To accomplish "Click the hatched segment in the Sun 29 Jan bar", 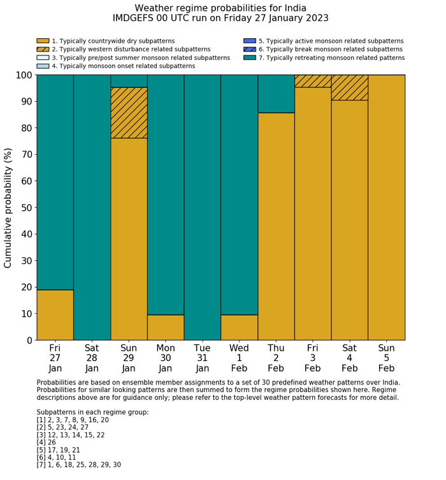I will coord(129,113).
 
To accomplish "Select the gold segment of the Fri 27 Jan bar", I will coord(55,314).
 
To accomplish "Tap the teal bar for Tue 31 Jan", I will coord(202,208).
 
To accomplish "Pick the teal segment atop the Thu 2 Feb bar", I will coord(276,94).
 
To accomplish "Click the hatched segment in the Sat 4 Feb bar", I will coord(349,87).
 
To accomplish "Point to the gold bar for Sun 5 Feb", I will coord(386,208).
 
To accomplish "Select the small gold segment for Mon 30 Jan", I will coord(166,327).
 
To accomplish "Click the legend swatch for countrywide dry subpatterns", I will coord(43,41).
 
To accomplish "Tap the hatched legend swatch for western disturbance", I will coord(43,49).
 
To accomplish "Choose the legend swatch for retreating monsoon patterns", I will coord(250,57).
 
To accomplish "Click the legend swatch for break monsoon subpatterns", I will coord(250,49).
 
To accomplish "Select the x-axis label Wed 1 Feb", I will coord(239,358).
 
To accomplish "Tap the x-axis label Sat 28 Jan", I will coord(92,358).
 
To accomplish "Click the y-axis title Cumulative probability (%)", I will coord(8,208).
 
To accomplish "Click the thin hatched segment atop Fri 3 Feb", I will coord(312,81).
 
